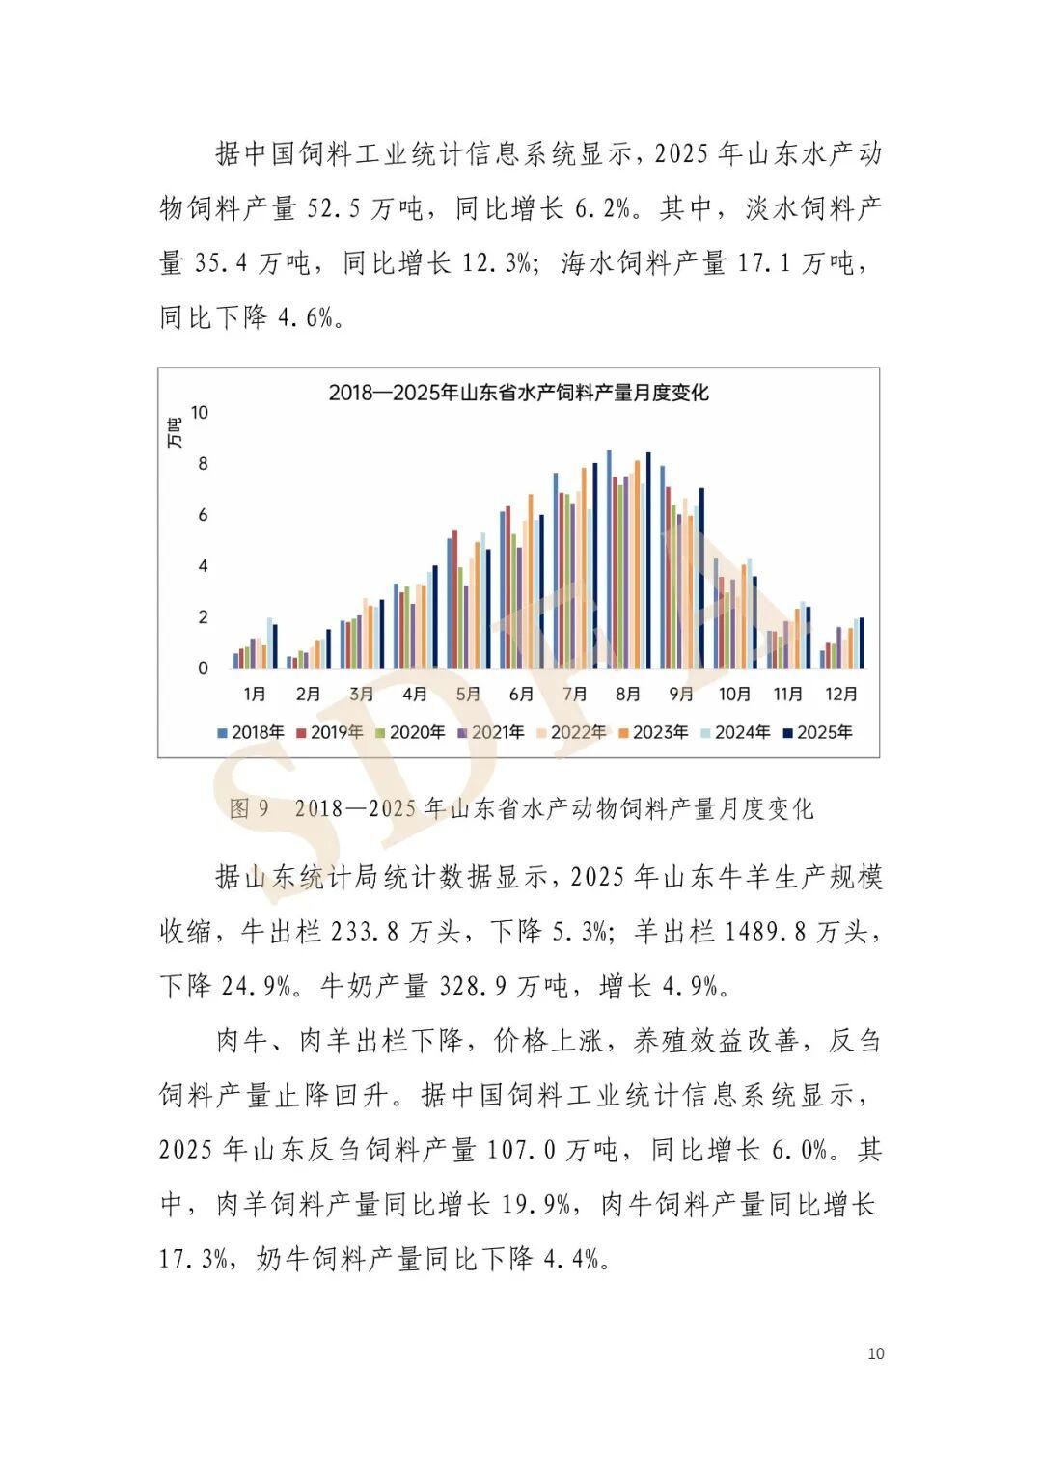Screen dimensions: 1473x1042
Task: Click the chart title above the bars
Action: pos(518,393)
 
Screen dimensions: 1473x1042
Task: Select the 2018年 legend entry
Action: pos(251,732)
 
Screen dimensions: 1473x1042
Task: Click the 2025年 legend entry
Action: pos(817,732)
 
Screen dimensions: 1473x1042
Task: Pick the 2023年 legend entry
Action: pos(653,732)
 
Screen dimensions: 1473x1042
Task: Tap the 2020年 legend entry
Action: pos(410,732)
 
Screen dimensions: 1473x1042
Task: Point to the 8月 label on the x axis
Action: pos(628,694)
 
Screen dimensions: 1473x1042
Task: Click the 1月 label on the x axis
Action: pos(255,694)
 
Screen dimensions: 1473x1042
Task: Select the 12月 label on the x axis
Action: pos(841,694)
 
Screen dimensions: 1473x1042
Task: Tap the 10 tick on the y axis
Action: pos(200,413)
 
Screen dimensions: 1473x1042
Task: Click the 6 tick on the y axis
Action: pos(203,515)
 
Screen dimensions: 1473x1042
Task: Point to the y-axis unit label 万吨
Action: pos(174,433)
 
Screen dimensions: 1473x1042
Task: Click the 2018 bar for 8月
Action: pos(609,559)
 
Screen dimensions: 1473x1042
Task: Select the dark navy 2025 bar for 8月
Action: pos(648,560)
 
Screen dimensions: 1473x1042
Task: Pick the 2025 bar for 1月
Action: pos(275,646)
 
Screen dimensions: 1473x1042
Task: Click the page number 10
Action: pos(875,1353)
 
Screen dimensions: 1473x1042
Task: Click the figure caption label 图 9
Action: pos(249,808)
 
